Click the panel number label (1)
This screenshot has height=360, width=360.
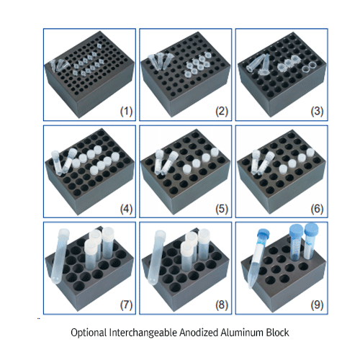[126, 111]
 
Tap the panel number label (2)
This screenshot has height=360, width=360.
[222, 111]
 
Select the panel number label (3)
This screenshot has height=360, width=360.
[318, 111]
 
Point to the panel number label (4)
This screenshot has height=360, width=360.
[126, 209]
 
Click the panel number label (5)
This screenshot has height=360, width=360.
[222, 209]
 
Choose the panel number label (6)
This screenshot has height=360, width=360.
[318, 209]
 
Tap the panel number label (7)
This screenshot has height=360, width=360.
[126, 305]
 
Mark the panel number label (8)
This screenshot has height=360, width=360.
[222, 305]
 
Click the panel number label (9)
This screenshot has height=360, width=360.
[318, 305]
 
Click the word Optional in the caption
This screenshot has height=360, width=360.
[89, 333]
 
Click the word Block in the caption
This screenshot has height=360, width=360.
[278, 333]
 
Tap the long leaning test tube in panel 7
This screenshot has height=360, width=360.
[60, 256]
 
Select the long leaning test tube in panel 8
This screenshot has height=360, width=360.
[156, 258]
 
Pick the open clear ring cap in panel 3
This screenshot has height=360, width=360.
[307, 68]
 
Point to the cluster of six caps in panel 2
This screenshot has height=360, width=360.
[197, 65]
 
